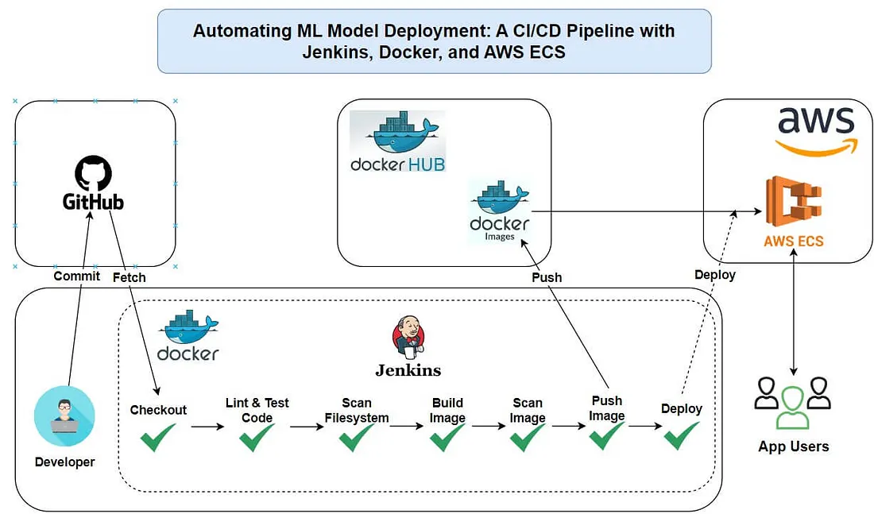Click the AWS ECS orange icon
click(795, 203)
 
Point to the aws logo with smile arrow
click(815, 129)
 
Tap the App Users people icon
click(793, 402)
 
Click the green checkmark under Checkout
click(158, 437)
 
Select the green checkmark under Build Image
click(447, 437)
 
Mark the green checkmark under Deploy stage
click(682, 435)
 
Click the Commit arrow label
click(76, 276)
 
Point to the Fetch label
click(129, 277)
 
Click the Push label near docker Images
click(547, 277)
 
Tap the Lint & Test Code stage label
click(257, 410)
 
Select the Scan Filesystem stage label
click(357, 410)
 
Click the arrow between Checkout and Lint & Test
click(208, 427)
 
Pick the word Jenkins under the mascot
click(408, 369)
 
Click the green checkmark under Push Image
click(606, 435)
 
